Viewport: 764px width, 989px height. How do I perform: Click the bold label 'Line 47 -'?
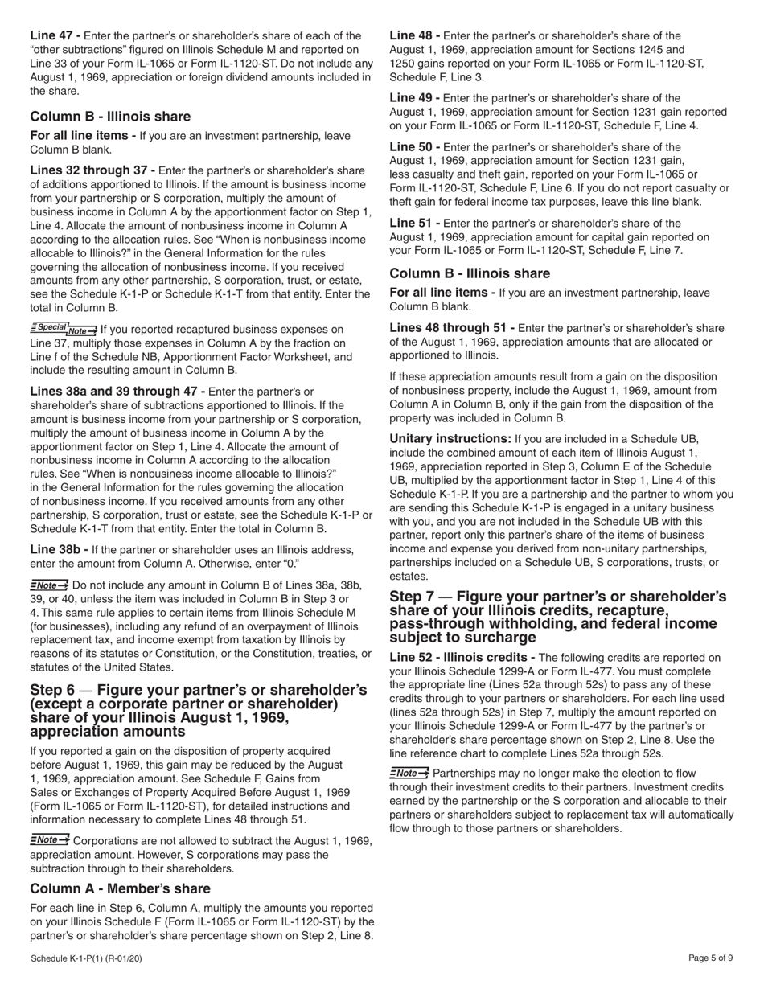(x=55, y=35)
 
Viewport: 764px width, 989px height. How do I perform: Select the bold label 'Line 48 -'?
(x=414, y=35)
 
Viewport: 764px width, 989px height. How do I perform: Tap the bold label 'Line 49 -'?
(x=414, y=98)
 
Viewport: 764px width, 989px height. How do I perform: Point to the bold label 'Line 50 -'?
(x=414, y=147)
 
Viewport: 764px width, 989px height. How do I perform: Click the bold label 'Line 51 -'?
(x=414, y=223)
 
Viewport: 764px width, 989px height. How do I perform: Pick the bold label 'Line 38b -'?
(x=59, y=549)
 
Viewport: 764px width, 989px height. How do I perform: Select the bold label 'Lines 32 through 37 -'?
(x=92, y=170)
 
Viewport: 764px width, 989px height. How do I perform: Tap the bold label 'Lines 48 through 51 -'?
(x=452, y=328)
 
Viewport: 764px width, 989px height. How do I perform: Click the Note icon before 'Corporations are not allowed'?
(x=49, y=840)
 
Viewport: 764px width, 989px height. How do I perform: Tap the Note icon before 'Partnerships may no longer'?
(x=409, y=773)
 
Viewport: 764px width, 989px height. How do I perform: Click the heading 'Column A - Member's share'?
(x=120, y=888)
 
